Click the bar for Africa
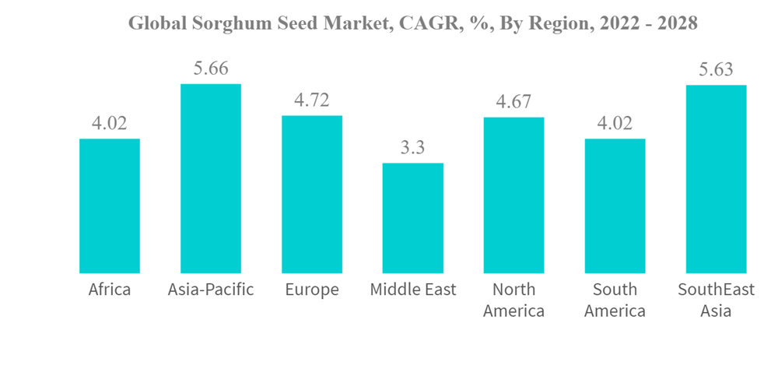coord(110,206)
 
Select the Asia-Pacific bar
coord(211,178)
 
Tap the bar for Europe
coord(312,194)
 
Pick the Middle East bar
coord(413,218)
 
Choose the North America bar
coord(513,195)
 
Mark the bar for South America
coord(615,206)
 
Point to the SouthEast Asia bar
coord(716,179)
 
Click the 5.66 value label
coord(211,69)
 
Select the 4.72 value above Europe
coord(312,100)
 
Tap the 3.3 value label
coord(413,148)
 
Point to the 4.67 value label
coord(513,102)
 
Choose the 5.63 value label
coord(716,69)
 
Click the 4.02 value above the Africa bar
coord(110,124)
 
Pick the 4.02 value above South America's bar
coord(615,124)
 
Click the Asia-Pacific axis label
coord(211,290)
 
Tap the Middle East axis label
coord(413,290)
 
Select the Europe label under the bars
coord(312,290)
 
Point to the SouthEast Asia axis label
coord(716,300)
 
